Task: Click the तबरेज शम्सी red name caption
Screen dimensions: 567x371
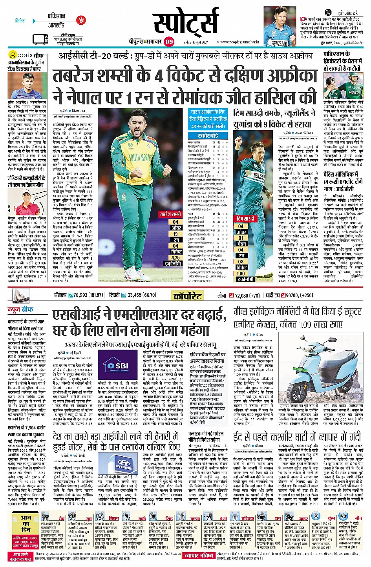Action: point(170,214)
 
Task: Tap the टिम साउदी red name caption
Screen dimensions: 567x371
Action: point(245,218)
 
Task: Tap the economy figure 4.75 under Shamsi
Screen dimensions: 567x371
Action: point(175,258)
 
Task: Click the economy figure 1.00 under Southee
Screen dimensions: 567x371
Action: point(241,273)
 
